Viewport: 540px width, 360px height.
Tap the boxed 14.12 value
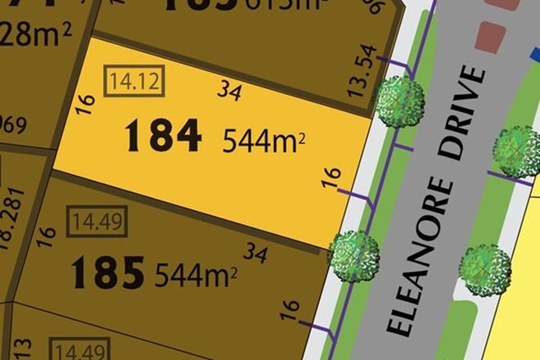click(129, 81)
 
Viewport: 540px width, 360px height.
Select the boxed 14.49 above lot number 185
click(92, 220)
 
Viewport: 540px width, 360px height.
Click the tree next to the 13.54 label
click(400, 101)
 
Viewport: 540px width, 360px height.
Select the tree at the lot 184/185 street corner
click(353, 254)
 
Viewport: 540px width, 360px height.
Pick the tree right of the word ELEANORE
click(485, 266)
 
